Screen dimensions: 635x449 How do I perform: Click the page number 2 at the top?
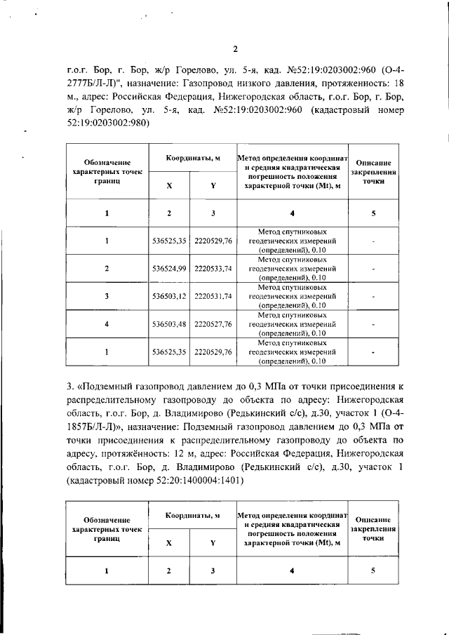click(x=236, y=48)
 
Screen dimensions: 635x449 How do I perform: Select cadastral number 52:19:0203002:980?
click(x=100, y=122)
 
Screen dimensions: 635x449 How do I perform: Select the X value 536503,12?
click(x=168, y=296)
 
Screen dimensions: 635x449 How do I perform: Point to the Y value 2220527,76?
click(x=213, y=323)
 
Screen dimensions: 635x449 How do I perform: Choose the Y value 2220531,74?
click(x=213, y=296)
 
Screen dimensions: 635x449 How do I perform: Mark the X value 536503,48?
click(x=168, y=323)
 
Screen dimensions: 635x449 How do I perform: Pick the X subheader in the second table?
click(x=168, y=542)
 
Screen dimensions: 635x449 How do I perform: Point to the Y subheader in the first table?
click(x=213, y=185)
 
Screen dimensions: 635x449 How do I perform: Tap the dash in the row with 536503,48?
click(x=373, y=323)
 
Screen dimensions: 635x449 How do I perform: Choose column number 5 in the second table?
click(x=373, y=570)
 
